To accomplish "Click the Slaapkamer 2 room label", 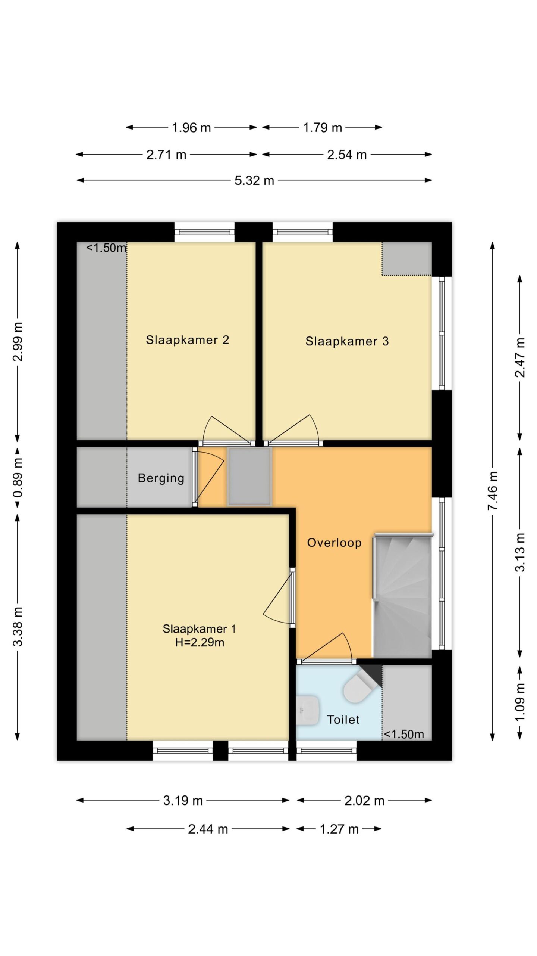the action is coord(187,340).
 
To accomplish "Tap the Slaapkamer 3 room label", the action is coord(347,341).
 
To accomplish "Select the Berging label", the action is coord(161,478).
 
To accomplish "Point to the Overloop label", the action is coord(334,543).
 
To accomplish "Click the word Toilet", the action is coord(343,720).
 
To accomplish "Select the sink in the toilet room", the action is coord(307,710).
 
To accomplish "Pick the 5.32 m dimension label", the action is coord(254,181).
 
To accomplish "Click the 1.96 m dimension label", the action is coord(191,128).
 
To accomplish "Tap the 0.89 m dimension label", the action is coord(18,478).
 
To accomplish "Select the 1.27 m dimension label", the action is coord(339,829).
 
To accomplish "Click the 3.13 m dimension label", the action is coord(520,552).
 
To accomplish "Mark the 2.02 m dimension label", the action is coord(364,801).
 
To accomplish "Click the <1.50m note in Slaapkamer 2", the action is coord(106,248).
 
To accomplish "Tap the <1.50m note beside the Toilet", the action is coord(404,734).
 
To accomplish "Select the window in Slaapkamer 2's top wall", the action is coord(205,232).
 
